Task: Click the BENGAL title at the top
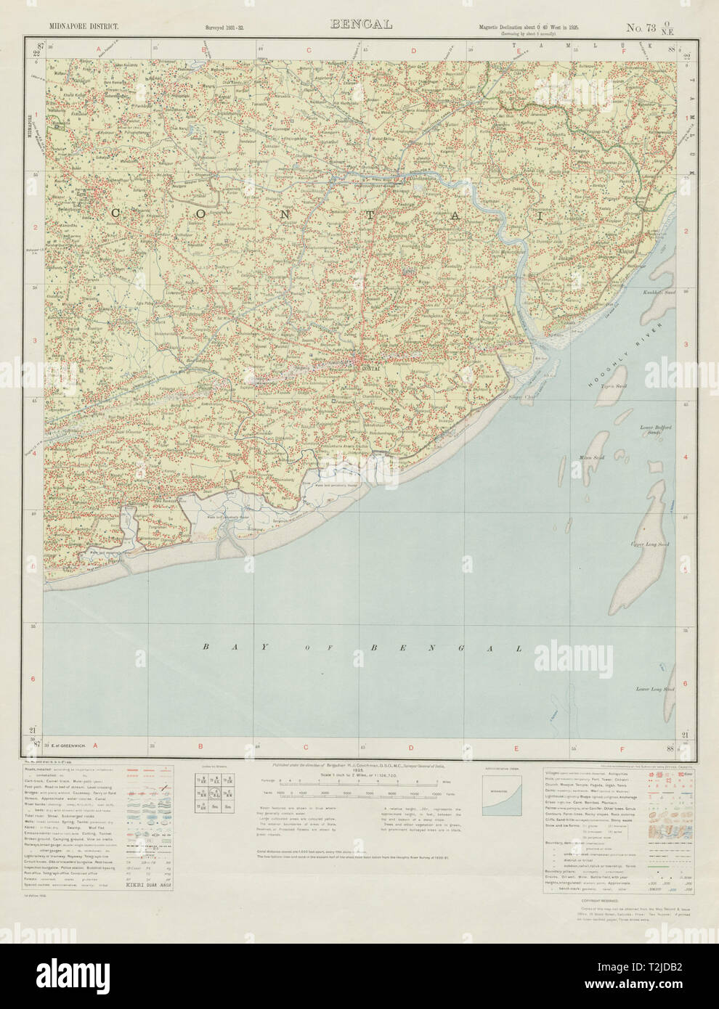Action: (361, 24)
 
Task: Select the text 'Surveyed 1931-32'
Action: (225, 28)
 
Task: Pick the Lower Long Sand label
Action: (655, 688)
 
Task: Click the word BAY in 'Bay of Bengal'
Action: (217, 646)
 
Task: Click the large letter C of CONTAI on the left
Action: (115, 213)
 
